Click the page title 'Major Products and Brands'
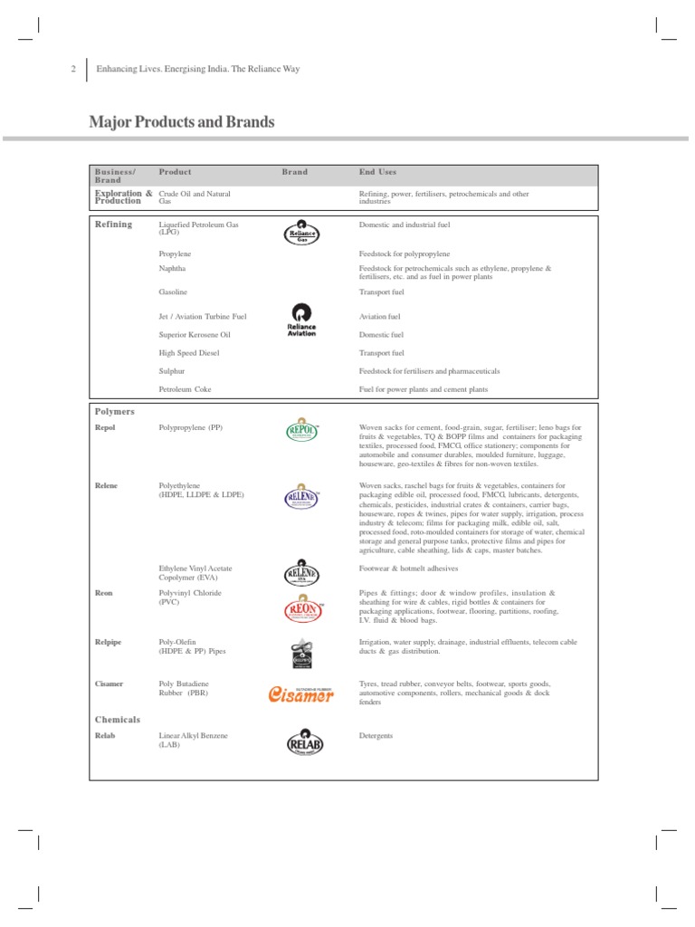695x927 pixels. point(181,121)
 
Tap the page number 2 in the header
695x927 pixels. point(72,70)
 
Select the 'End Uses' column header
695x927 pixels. point(377,172)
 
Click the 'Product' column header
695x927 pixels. point(175,172)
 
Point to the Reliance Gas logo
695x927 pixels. point(300,233)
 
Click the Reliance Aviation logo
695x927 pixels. point(300,320)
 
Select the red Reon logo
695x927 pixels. point(300,609)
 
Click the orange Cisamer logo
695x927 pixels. point(300,693)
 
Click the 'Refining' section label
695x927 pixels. point(114,224)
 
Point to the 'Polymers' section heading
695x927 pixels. point(115,411)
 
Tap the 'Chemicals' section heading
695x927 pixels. point(118,720)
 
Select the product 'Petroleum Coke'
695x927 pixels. point(185,389)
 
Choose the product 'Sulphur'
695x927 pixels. point(173,371)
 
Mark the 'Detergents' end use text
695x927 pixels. point(376,736)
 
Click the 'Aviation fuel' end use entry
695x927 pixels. point(379,317)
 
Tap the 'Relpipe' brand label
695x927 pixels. point(109,641)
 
